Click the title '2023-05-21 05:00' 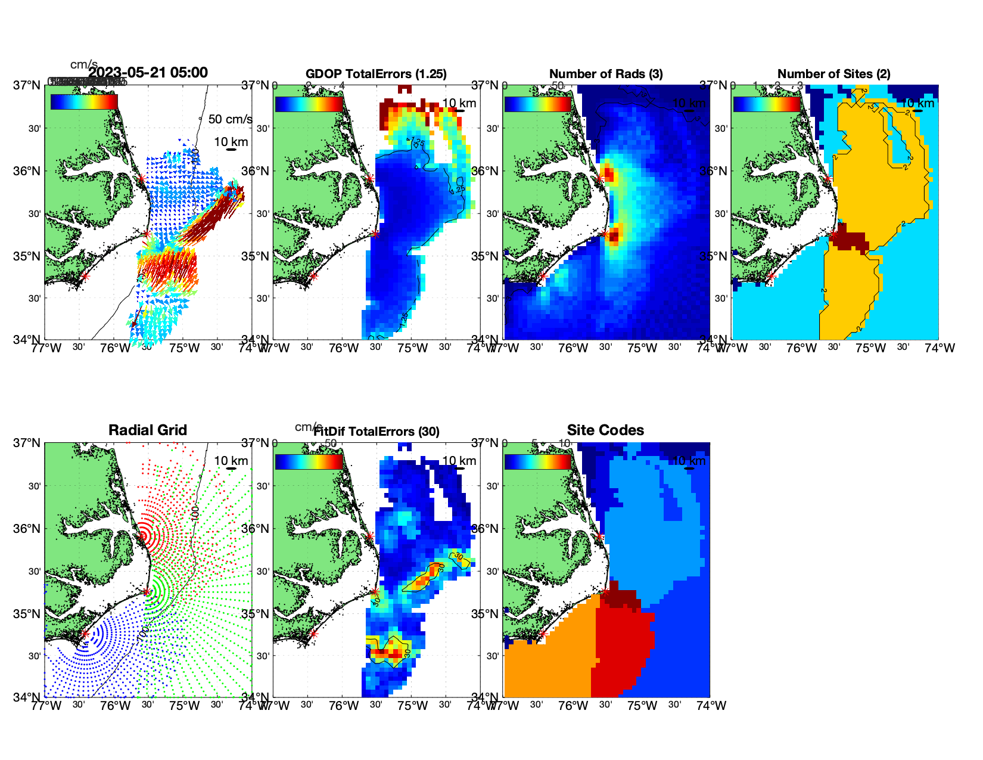coord(148,73)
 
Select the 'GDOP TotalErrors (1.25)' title coord(376,74)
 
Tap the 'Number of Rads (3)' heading coord(606,74)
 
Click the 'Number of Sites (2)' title coord(834,74)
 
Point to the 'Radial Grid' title coord(148,430)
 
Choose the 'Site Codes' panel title coord(605,430)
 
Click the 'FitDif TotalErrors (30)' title coord(377,432)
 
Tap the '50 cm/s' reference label coord(230,119)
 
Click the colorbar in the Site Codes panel coord(537,462)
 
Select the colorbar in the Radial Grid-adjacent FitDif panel coord(309,462)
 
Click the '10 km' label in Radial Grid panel coord(231,461)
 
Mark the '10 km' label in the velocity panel coord(231,142)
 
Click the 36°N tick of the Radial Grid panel coord(27,529)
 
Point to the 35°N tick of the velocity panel coord(27,256)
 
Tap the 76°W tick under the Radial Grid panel coord(114,706)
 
